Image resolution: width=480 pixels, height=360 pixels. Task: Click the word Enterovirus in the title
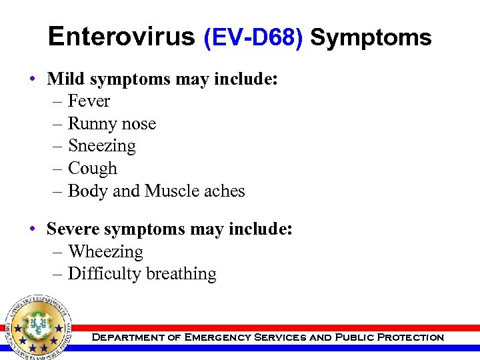point(121,37)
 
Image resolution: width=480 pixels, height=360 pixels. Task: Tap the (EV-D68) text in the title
point(253,38)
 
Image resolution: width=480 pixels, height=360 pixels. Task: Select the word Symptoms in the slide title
point(371,38)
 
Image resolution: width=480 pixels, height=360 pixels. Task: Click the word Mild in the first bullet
point(66,79)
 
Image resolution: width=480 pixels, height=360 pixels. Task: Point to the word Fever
point(89,101)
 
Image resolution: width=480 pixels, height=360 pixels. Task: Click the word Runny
point(91,124)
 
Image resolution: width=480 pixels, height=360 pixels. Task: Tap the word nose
point(138,124)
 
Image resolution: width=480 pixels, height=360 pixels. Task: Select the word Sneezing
point(101,146)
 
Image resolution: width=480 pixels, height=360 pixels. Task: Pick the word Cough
point(92,169)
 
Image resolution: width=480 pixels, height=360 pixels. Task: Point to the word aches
point(224,191)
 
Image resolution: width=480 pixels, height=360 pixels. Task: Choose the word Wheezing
point(105,252)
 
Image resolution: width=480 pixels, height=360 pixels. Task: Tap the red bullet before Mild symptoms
point(33,80)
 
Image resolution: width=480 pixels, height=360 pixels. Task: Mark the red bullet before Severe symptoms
point(33,230)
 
